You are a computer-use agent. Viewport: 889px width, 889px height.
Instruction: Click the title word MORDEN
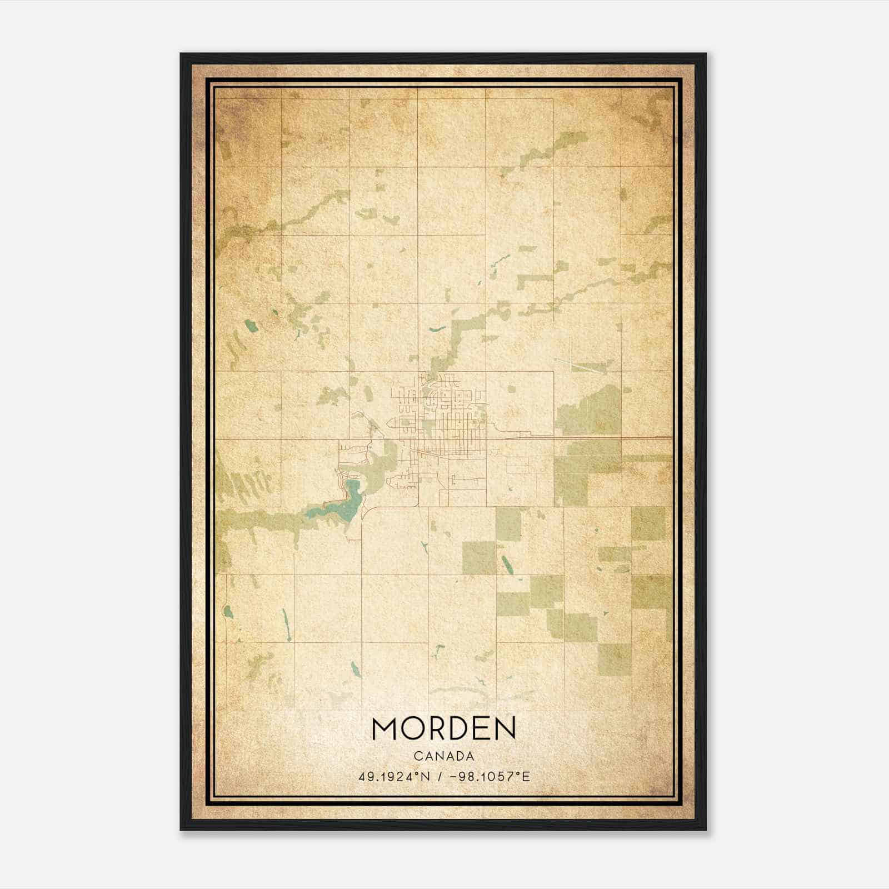(444, 728)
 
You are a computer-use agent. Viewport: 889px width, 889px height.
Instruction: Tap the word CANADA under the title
(444, 756)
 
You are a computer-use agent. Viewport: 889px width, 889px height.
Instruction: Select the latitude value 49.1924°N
(394, 777)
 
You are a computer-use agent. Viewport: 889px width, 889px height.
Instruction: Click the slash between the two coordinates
(439, 777)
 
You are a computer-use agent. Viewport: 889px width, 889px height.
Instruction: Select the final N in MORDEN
(505, 728)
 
